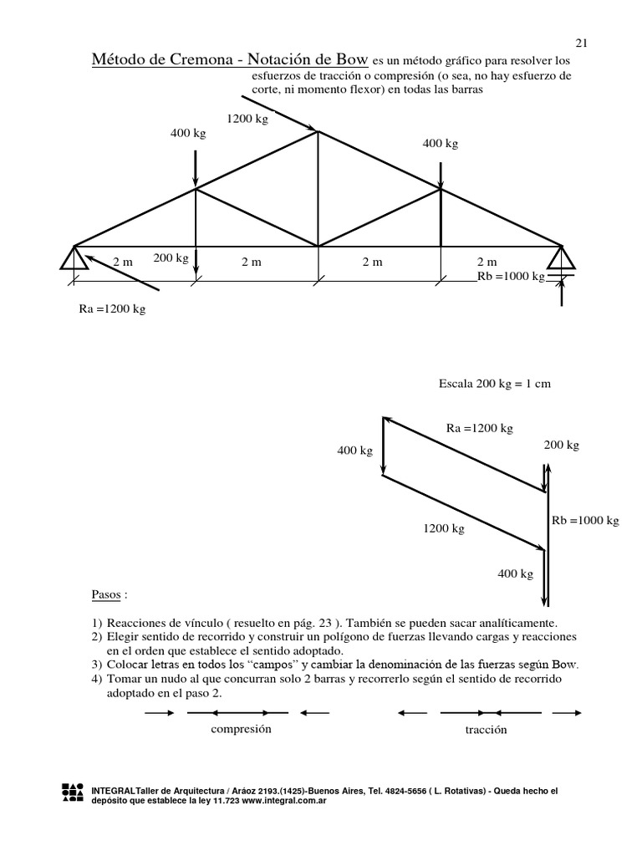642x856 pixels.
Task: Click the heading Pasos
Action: point(110,597)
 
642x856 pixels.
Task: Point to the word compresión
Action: point(242,729)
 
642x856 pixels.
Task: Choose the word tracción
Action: point(487,730)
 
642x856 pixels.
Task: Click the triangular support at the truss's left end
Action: point(74,257)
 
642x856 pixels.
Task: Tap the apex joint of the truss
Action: point(317,130)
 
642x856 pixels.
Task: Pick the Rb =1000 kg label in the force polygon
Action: point(585,520)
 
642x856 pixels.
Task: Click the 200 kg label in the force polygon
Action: point(561,446)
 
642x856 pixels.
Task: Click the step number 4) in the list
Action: point(97,679)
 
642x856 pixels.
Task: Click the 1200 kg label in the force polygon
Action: point(443,528)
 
